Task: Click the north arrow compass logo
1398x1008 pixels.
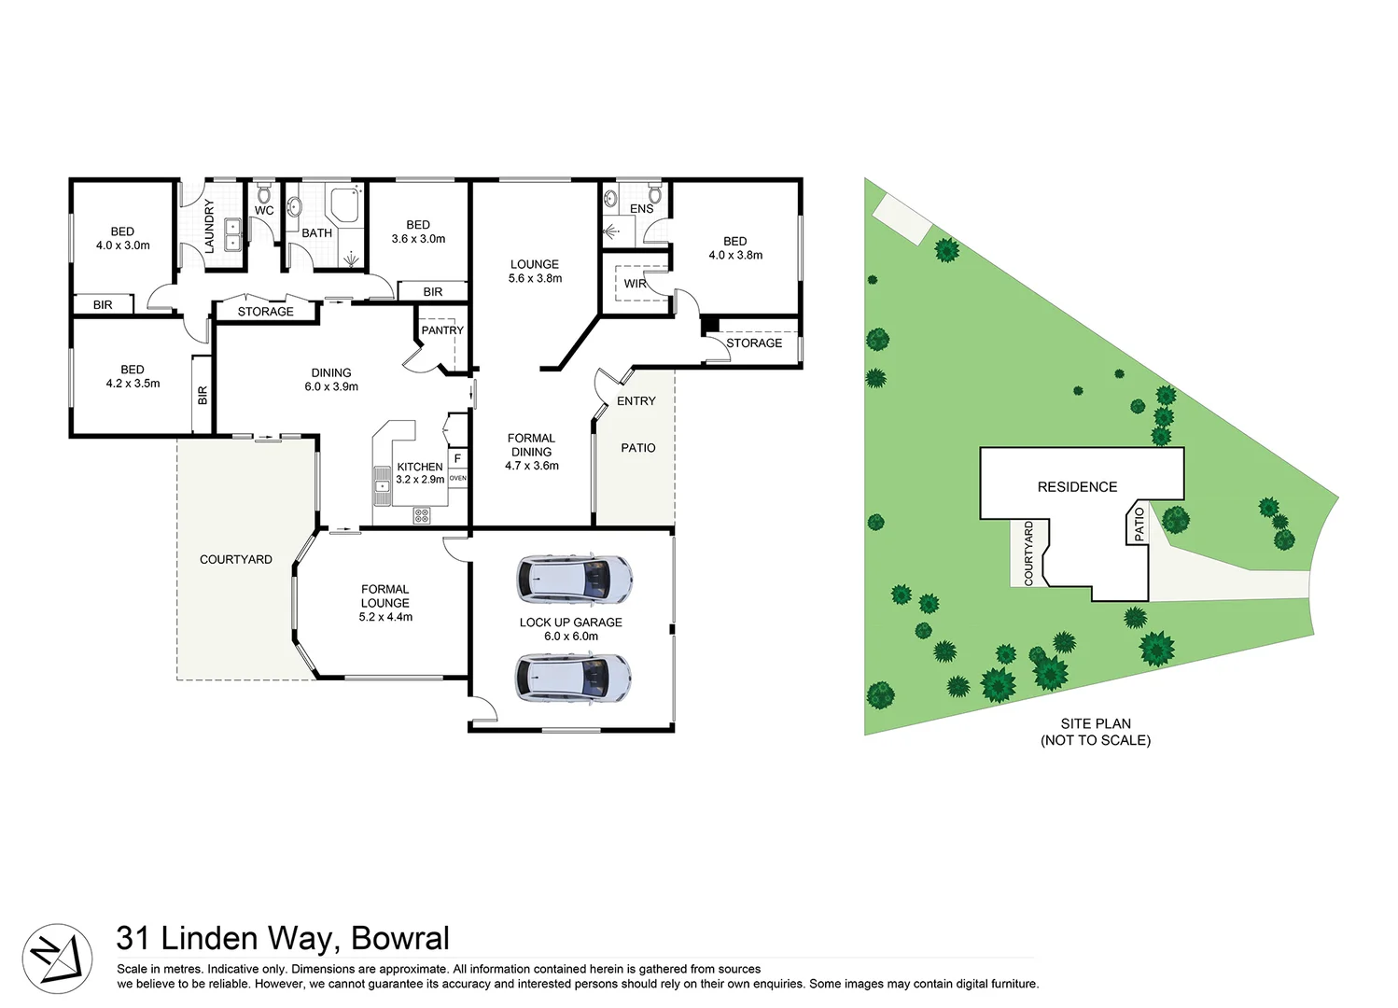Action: click(x=57, y=959)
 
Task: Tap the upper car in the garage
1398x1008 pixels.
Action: click(x=575, y=580)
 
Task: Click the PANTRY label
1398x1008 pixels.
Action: click(x=442, y=330)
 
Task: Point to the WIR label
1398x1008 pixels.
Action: click(x=636, y=284)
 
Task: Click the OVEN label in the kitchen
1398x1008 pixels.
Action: click(x=457, y=478)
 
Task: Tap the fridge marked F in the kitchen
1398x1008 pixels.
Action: click(x=457, y=458)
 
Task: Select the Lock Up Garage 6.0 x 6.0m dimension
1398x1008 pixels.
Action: click(x=571, y=637)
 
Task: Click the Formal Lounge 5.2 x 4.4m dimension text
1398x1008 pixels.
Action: click(x=385, y=617)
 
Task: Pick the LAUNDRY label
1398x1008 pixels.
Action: click(x=209, y=226)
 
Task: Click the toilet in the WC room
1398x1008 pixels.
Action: click(x=264, y=193)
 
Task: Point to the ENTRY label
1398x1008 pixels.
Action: click(x=636, y=401)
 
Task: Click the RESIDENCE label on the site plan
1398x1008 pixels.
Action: click(x=1077, y=487)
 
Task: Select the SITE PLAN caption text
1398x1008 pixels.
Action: click(x=1096, y=723)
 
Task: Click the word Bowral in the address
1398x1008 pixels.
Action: click(x=400, y=938)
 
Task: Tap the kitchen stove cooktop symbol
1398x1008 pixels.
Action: click(x=422, y=514)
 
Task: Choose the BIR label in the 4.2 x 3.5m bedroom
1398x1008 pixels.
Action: click(x=203, y=395)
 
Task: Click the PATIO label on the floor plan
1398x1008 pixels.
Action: click(x=638, y=448)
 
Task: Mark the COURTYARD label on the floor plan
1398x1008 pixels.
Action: click(x=236, y=560)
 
